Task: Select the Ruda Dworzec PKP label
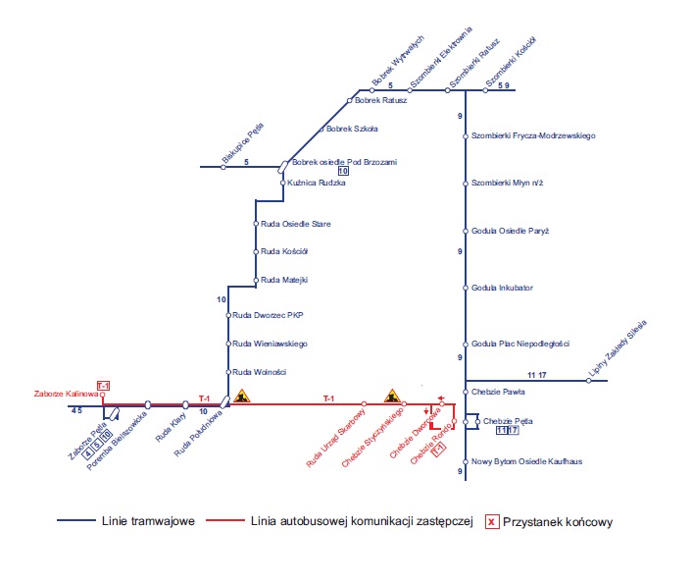(x=269, y=316)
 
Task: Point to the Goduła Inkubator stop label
(x=502, y=288)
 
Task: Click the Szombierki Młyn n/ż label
(x=507, y=184)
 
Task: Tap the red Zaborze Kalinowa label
(x=66, y=394)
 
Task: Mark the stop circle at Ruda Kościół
(x=256, y=251)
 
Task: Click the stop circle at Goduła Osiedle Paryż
(x=466, y=231)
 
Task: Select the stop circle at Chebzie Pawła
(x=466, y=391)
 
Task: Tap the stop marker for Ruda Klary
(x=185, y=404)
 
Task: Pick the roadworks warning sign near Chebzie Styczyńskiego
(x=392, y=396)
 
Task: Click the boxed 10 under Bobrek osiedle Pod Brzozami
(x=343, y=172)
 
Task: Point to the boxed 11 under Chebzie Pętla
(x=502, y=431)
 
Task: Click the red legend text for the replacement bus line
(x=362, y=521)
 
